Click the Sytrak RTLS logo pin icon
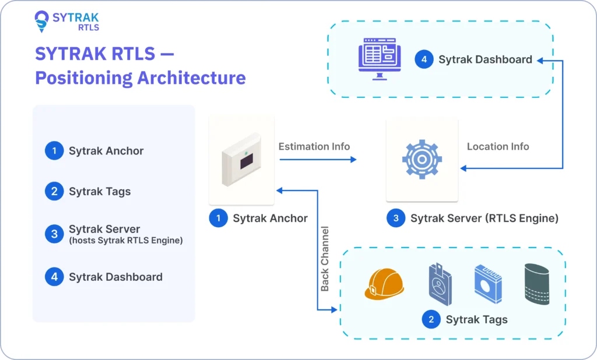pyautogui.click(x=42, y=21)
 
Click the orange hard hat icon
pyautogui.click(x=384, y=284)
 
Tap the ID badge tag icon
pyautogui.click(x=439, y=284)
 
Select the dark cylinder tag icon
pyautogui.click(x=536, y=284)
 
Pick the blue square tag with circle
pyautogui.click(x=487, y=284)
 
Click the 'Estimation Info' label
pyautogui.click(x=314, y=146)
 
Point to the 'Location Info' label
pyautogui.click(x=498, y=146)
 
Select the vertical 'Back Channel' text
pyautogui.click(x=325, y=259)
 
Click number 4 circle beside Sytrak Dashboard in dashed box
pyautogui.click(x=424, y=59)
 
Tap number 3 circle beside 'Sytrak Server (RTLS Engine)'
pyautogui.click(x=396, y=218)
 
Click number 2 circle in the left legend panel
pyautogui.click(x=54, y=191)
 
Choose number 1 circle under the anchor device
pyautogui.click(x=219, y=218)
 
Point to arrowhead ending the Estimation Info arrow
pyautogui.click(x=353, y=159)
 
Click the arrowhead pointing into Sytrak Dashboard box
pyautogui.click(x=540, y=59)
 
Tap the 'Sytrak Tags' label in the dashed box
pyautogui.click(x=476, y=319)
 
